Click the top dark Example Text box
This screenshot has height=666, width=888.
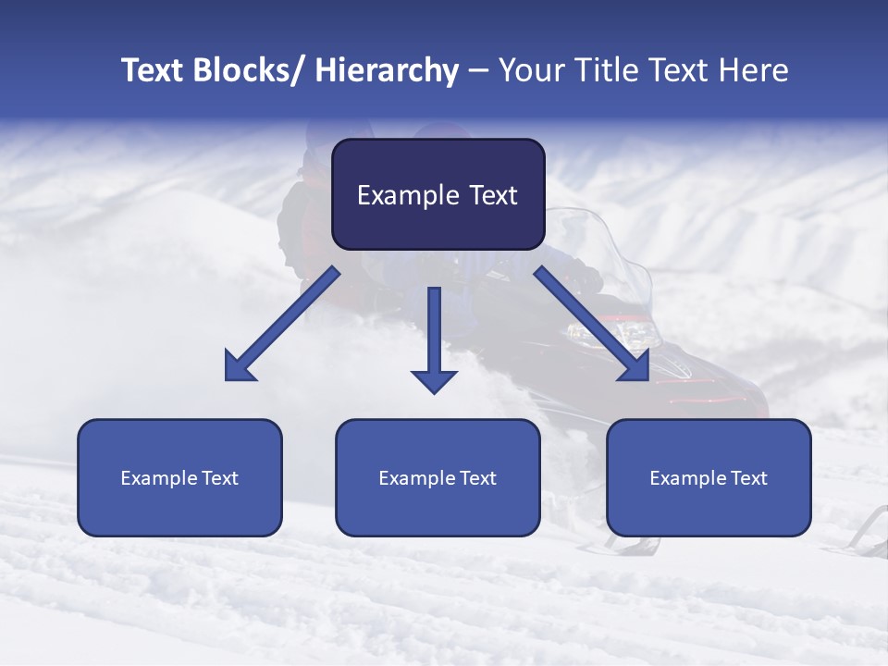click(438, 194)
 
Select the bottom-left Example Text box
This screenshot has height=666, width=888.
click(179, 477)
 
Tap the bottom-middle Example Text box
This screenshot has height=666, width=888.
click(438, 477)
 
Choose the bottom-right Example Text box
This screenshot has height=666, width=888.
click(709, 477)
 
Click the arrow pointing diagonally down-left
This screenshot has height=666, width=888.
click(282, 324)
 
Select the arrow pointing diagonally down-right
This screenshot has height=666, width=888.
click(592, 324)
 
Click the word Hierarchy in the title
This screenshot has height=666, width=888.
click(387, 70)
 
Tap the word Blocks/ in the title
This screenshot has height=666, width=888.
click(250, 70)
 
